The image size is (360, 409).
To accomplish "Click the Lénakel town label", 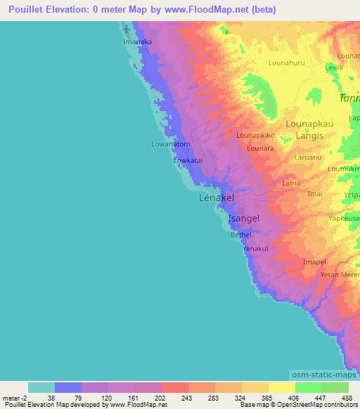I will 217,199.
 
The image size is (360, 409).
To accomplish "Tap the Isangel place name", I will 244,219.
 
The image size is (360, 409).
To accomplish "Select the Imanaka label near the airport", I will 138,43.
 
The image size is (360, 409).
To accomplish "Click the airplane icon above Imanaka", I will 127,30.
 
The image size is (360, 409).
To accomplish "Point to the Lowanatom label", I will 171,144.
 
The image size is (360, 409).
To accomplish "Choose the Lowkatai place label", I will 188,160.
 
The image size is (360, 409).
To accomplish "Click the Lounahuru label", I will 288,63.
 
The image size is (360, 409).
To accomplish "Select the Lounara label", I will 260,149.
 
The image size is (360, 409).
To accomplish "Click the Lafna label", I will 291,183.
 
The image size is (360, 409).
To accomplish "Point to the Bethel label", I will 241,235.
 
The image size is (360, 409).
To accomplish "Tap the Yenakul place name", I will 255,249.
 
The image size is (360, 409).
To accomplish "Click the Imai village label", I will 315,193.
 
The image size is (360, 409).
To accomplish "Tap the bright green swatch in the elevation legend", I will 308,387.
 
